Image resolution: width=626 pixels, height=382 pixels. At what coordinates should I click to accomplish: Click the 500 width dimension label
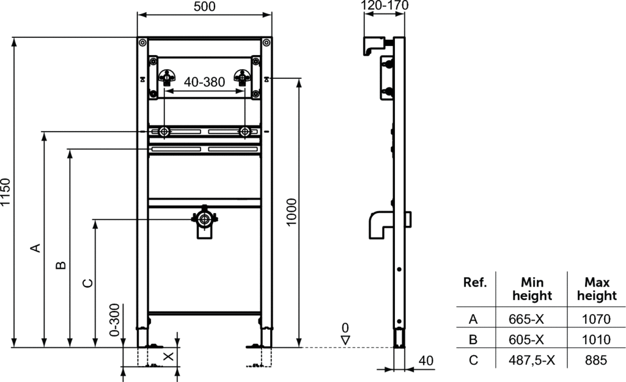204,6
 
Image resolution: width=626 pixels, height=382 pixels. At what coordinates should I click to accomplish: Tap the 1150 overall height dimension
5,192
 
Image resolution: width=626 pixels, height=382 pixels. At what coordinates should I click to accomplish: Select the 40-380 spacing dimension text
204,82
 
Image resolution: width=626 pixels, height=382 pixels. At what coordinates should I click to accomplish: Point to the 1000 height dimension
292,212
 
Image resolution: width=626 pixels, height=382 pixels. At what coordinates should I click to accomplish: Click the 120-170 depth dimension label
385,5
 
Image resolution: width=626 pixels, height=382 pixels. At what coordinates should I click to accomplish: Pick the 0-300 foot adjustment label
114,320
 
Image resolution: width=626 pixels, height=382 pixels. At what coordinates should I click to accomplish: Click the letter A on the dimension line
36,248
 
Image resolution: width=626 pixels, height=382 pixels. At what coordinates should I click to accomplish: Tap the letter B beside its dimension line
61,265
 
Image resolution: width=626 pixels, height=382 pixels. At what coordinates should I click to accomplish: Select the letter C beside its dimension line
87,283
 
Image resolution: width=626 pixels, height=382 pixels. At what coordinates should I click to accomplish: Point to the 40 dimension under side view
426,361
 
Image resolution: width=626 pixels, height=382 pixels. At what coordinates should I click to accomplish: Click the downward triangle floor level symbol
345,340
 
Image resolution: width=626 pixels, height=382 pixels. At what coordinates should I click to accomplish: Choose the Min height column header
532,289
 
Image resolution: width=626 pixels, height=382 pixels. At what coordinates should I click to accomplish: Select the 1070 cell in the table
596,319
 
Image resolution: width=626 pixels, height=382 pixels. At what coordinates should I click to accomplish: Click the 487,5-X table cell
532,361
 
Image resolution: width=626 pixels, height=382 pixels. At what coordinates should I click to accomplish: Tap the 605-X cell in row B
526,340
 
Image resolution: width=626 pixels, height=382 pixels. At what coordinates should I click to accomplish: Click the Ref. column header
475,282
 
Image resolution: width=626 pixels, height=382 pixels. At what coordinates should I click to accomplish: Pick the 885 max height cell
596,361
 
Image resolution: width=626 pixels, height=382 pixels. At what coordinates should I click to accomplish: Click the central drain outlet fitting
204,222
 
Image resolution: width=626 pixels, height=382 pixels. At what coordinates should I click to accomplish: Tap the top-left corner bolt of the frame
142,42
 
